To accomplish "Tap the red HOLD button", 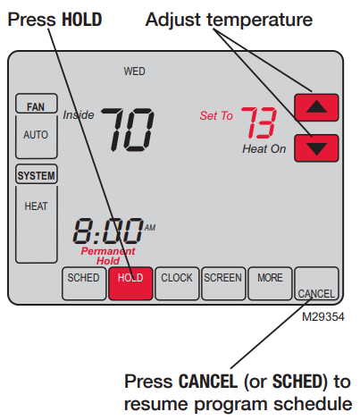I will tap(131, 281).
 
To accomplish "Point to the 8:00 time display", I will tap(107, 231).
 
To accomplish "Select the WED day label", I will tap(135, 71).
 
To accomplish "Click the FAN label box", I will tap(36, 106).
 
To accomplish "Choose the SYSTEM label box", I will tap(36, 175).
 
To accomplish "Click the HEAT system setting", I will tap(36, 206).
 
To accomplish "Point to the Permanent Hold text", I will tap(107, 256).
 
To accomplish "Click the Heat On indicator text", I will tap(264, 149).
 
